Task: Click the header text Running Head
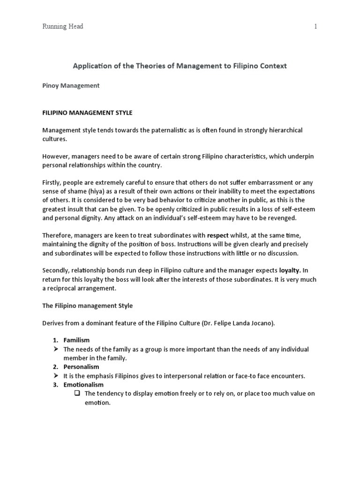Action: coord(62,27)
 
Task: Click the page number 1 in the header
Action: coord(316,27)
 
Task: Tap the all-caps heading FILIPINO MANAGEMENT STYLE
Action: coord(87,112)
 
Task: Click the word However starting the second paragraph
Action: coord(57,156)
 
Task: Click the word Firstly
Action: coord(53,182)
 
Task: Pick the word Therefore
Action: coord(58,236)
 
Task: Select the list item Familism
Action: coord(76,340)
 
